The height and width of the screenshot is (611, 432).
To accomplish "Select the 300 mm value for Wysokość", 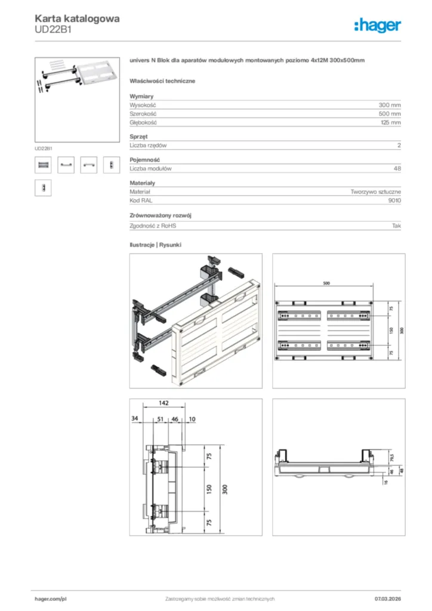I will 390,104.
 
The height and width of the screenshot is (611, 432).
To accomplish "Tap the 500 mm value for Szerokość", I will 390,113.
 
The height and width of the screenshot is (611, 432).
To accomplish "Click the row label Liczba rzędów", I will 148,145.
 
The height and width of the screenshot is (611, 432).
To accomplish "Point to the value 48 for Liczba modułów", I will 397,168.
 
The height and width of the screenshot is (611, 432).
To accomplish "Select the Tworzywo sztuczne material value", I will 375,192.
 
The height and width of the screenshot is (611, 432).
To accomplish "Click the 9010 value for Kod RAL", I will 394,200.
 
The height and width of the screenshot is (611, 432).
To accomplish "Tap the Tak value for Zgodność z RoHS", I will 396,226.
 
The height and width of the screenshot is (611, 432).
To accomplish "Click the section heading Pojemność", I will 145,159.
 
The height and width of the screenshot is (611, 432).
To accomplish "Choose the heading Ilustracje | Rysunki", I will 155,245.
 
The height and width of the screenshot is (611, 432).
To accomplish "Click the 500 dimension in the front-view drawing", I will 326,284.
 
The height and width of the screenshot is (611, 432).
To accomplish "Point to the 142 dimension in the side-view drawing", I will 163,403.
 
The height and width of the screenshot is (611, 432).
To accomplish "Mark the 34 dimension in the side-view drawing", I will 134,419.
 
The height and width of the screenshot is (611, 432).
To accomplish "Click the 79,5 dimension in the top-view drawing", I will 392,459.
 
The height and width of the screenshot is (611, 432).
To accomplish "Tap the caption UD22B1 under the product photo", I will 44,147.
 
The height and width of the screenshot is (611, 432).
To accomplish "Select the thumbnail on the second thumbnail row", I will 43,187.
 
